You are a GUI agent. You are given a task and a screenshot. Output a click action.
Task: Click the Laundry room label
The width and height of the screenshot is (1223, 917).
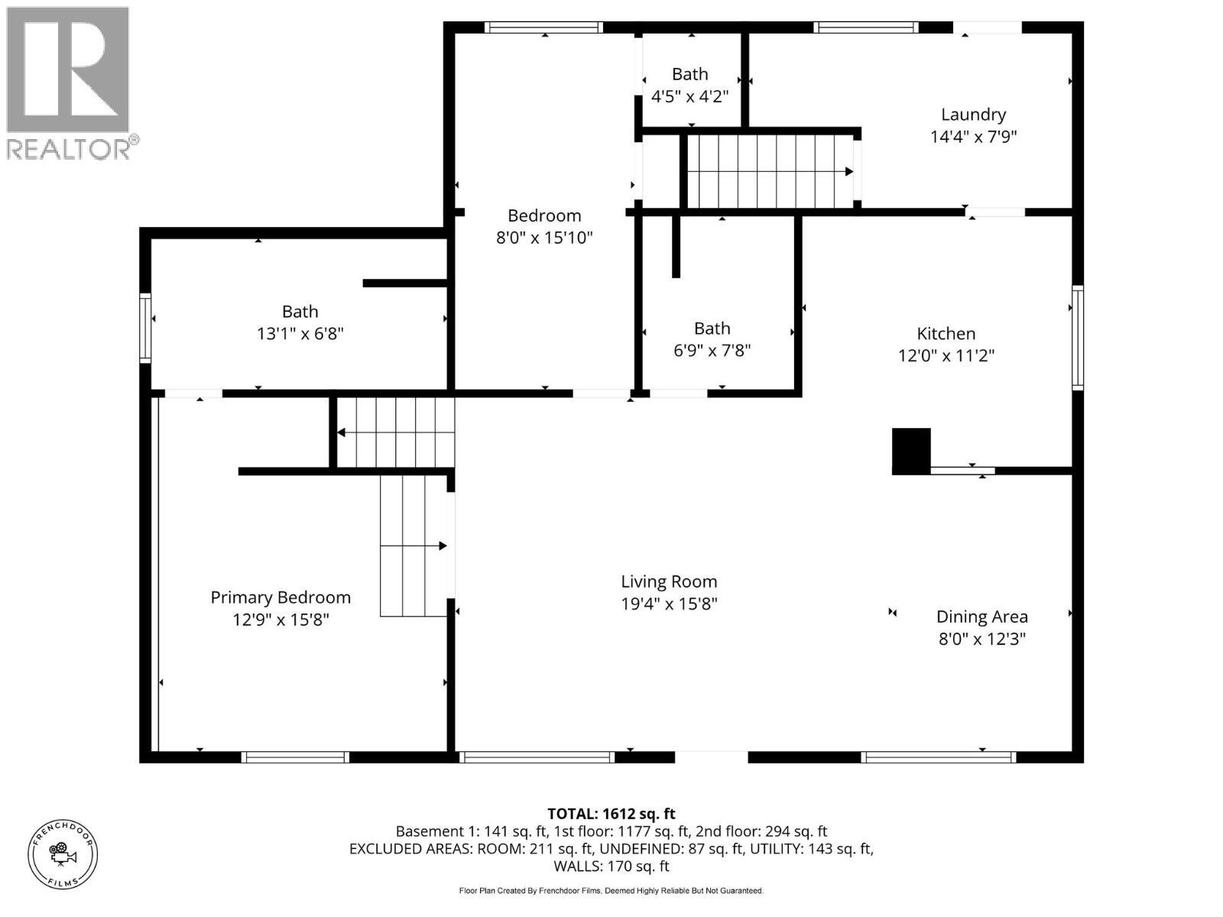[973, 115]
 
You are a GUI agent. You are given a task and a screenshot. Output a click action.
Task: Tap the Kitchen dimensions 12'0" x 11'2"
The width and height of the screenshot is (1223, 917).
[946, 356]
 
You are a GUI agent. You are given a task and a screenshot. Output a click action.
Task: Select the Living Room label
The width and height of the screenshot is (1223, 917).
[669, 582]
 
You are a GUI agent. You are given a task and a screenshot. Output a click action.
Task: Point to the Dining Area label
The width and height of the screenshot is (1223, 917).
[981, 617]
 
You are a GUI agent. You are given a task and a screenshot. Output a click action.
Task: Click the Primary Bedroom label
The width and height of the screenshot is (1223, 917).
[281, 598]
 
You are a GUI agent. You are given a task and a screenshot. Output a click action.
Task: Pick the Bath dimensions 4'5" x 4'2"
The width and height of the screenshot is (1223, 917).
[689, 97]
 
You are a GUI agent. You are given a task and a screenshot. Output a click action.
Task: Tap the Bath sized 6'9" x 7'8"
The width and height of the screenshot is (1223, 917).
[712, 339]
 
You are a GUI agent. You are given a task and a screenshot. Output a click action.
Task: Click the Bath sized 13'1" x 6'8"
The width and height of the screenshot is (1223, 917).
[300, 322]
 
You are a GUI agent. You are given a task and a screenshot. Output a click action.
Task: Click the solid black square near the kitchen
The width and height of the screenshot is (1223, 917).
[911, 452]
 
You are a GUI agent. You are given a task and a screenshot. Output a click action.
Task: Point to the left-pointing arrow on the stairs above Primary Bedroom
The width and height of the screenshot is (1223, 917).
[342, 433]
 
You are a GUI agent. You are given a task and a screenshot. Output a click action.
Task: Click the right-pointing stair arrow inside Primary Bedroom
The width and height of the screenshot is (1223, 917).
[442, 546]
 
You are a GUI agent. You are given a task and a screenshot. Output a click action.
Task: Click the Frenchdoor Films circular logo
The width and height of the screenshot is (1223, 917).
[63, 853]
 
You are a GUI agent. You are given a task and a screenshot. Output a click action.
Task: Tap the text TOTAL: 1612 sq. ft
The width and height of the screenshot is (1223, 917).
[611, 814]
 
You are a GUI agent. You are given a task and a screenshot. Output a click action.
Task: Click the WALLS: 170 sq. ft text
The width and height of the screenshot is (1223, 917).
[611, 866]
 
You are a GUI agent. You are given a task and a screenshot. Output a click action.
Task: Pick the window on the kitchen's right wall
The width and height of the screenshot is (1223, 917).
[1078, 337]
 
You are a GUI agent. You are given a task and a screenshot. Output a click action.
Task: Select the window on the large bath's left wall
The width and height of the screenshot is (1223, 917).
[144, 327]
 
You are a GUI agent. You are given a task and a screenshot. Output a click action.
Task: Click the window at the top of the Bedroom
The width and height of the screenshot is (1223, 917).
[543, 28]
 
